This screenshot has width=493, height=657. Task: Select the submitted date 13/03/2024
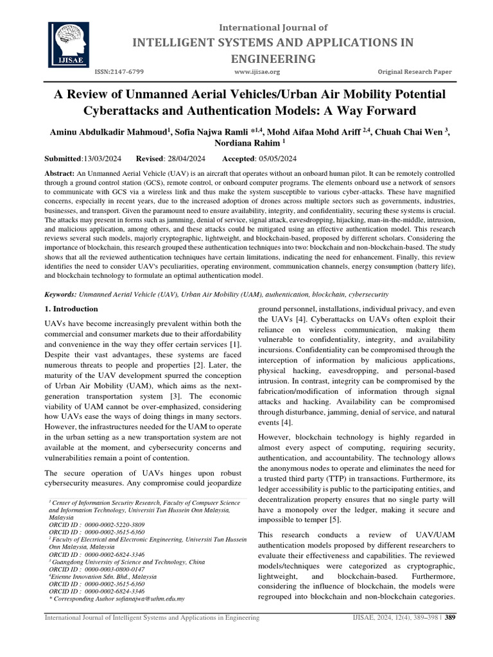(x=105, y=158)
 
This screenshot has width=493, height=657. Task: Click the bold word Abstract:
(x=58, y=174)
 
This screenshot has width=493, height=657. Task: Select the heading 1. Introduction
(x=71, y=309)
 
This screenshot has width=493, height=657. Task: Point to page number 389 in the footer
(x=450, y=617)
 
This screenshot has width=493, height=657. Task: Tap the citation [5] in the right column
(x=337, y=519)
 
